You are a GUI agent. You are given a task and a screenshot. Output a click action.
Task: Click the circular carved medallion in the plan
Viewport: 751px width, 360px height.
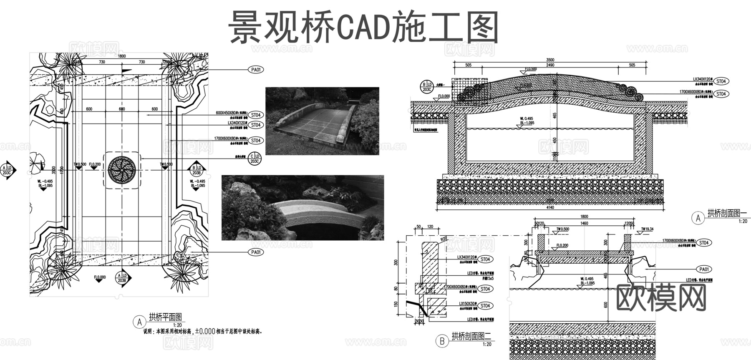(x=122, y=169)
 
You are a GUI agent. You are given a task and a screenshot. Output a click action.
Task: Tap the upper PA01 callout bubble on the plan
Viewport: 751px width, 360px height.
(x=256, y=70)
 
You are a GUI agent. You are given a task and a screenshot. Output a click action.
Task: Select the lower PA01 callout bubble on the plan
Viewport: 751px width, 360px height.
(x=256, y=252)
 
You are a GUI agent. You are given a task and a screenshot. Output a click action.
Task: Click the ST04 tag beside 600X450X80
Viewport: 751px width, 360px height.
(x=256, y=115)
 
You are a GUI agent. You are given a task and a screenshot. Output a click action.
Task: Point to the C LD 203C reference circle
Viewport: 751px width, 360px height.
(x=254, y=158)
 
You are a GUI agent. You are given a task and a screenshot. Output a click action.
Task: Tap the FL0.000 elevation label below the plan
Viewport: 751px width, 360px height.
(x=100, y=277)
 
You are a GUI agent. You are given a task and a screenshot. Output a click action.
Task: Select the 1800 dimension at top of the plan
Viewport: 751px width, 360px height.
(x=121, y=56)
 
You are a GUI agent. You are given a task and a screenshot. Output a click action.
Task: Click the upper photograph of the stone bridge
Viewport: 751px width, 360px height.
(x=322, y=121)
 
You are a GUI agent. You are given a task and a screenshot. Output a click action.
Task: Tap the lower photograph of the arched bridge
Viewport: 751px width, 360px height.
(x=302, y=207)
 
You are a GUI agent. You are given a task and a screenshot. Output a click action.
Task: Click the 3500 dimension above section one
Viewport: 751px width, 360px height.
(x=550, y=60)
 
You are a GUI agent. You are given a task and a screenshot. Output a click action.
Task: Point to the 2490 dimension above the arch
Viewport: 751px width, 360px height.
(x=550, y=65)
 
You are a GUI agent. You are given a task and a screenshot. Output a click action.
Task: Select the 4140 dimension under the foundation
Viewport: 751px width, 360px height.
(x=550, y=207)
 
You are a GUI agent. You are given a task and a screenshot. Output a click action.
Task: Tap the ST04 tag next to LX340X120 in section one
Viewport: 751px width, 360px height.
(x=721, y=81)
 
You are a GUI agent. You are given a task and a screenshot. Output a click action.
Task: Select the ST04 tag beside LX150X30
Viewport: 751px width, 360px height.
(x=485, y=306)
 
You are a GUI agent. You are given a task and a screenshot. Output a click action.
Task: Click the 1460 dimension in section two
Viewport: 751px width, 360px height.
(x=584, y=224)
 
